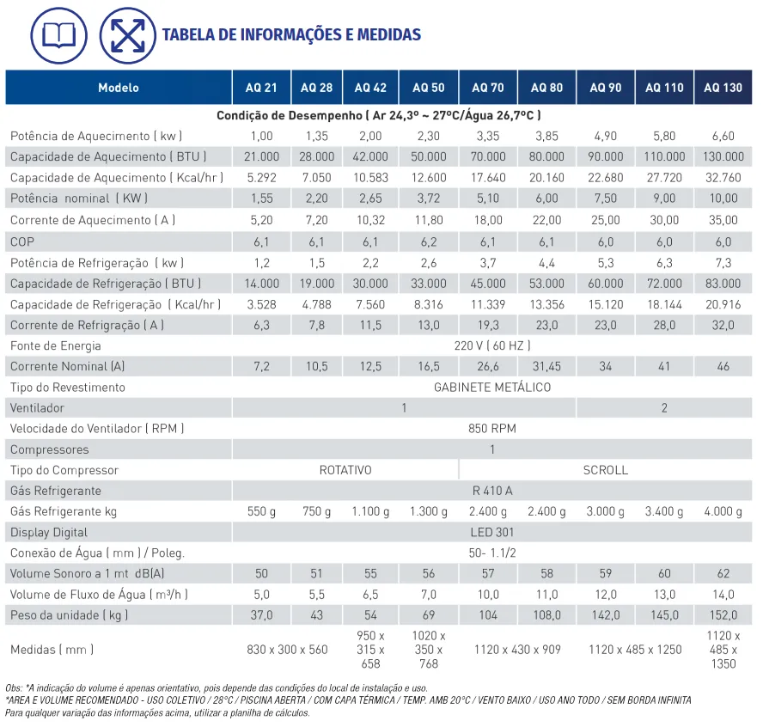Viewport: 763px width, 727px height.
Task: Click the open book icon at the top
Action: tap(58, 34)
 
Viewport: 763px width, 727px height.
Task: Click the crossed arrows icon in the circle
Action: tap(127, 34)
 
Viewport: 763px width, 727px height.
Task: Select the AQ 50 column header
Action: tap(428, 88)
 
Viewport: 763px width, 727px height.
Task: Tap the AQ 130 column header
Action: tap(723, 88)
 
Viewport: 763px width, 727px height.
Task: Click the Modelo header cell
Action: tap(119, 88)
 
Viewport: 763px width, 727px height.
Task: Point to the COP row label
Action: tap(22, 241)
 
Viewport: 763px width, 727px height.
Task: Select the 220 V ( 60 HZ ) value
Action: tap(491, 345)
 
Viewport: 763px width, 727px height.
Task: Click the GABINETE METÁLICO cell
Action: tap(491, 387)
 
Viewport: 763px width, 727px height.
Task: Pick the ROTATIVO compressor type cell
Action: tap(345, 470)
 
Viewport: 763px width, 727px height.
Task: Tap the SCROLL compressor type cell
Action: tap(605, 470)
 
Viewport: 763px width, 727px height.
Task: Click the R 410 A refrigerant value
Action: tap(491, 491)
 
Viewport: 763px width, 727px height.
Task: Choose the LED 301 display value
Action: tap(491, 532)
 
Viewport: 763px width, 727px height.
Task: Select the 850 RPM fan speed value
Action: tap(491, 428)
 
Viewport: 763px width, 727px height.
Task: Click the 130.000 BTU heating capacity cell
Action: tap(723, 156)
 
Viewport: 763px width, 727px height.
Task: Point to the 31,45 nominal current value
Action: tap(546, 366)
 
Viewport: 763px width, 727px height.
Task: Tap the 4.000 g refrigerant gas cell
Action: tap(723, 511)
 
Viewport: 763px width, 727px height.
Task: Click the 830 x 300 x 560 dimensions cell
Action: tap(287, 649)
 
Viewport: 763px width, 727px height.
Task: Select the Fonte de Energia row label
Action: tap(55, 345)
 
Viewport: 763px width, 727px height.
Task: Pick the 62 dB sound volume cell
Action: tap(723, 573)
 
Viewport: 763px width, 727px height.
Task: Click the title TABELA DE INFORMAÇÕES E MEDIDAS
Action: tap(291, 35)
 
